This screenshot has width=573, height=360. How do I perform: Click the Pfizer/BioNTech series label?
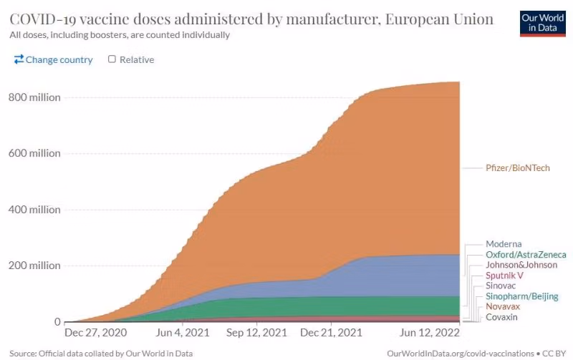coord(516,167)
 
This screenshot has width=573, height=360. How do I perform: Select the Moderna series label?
coord(504,244)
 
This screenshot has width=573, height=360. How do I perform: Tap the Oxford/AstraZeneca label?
coord(526,255)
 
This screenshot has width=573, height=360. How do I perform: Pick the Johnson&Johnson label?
coord(520,265)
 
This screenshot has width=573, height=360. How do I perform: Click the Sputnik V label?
coord(504,276)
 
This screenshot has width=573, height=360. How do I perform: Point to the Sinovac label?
coord(501,286)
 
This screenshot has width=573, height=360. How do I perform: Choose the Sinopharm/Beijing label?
coord(521,296)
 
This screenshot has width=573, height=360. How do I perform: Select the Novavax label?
coord(503,306)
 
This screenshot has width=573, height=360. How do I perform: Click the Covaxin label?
coord(502,317)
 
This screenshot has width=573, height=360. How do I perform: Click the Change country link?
coord(54,60)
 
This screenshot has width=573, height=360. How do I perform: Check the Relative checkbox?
coord(112,59)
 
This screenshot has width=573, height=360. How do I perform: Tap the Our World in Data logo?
coord(542,22)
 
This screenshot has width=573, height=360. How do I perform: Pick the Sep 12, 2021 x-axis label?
coord(256,334)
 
